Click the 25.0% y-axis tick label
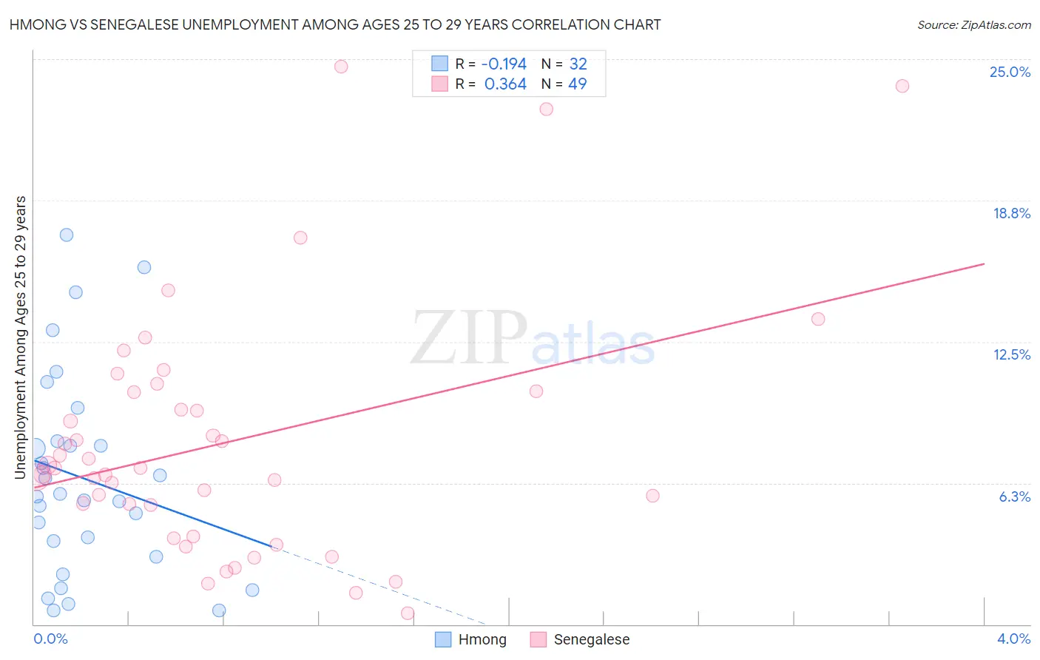pyautogui.click(x=1010, y=72)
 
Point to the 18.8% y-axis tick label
pyautogui.click(x=1011, y=213)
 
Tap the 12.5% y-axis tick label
pyautogui.click(x=1011, y=354)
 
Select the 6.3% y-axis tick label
pyautogui.click(x=1014, y=496)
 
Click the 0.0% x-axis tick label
pyautogui.click(x=50, y=639)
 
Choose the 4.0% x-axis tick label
pyautogui.click(x=1013, y=639)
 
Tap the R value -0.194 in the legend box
pyautogui.click(x=504, y=64)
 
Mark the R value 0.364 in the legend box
pyautogui.click(x=505, y=84)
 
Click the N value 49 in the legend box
pyautogui.click(x=577, y=84)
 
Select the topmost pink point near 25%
pyautogui.click(x=341, y=67)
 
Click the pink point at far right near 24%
pyautogui.click(x=902, y=86)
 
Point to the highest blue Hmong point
pyautogui.click(x=67, y=235)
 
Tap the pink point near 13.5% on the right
pyautogui.click(x=817, y=319)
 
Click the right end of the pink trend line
pyautogui.click(x=984, y=263)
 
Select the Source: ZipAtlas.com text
pyautogui.click(x=973, y=25)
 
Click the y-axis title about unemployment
pyautogui.click(x=21, y=337)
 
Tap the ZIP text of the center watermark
pyautogui.click(x=469, y=338)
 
